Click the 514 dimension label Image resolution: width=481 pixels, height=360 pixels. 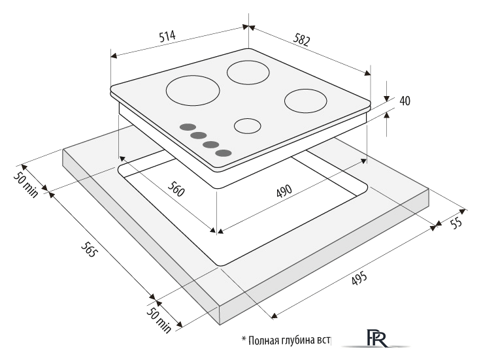coord(167,36)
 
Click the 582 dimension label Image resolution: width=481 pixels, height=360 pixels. coord(302,40)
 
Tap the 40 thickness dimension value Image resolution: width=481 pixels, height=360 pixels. coord(405,101)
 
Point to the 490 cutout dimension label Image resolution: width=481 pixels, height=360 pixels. coord(284,191)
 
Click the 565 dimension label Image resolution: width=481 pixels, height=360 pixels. coord(89,249)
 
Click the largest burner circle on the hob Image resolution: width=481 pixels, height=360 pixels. coord(193,90)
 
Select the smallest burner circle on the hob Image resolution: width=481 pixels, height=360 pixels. coord(248,125)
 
